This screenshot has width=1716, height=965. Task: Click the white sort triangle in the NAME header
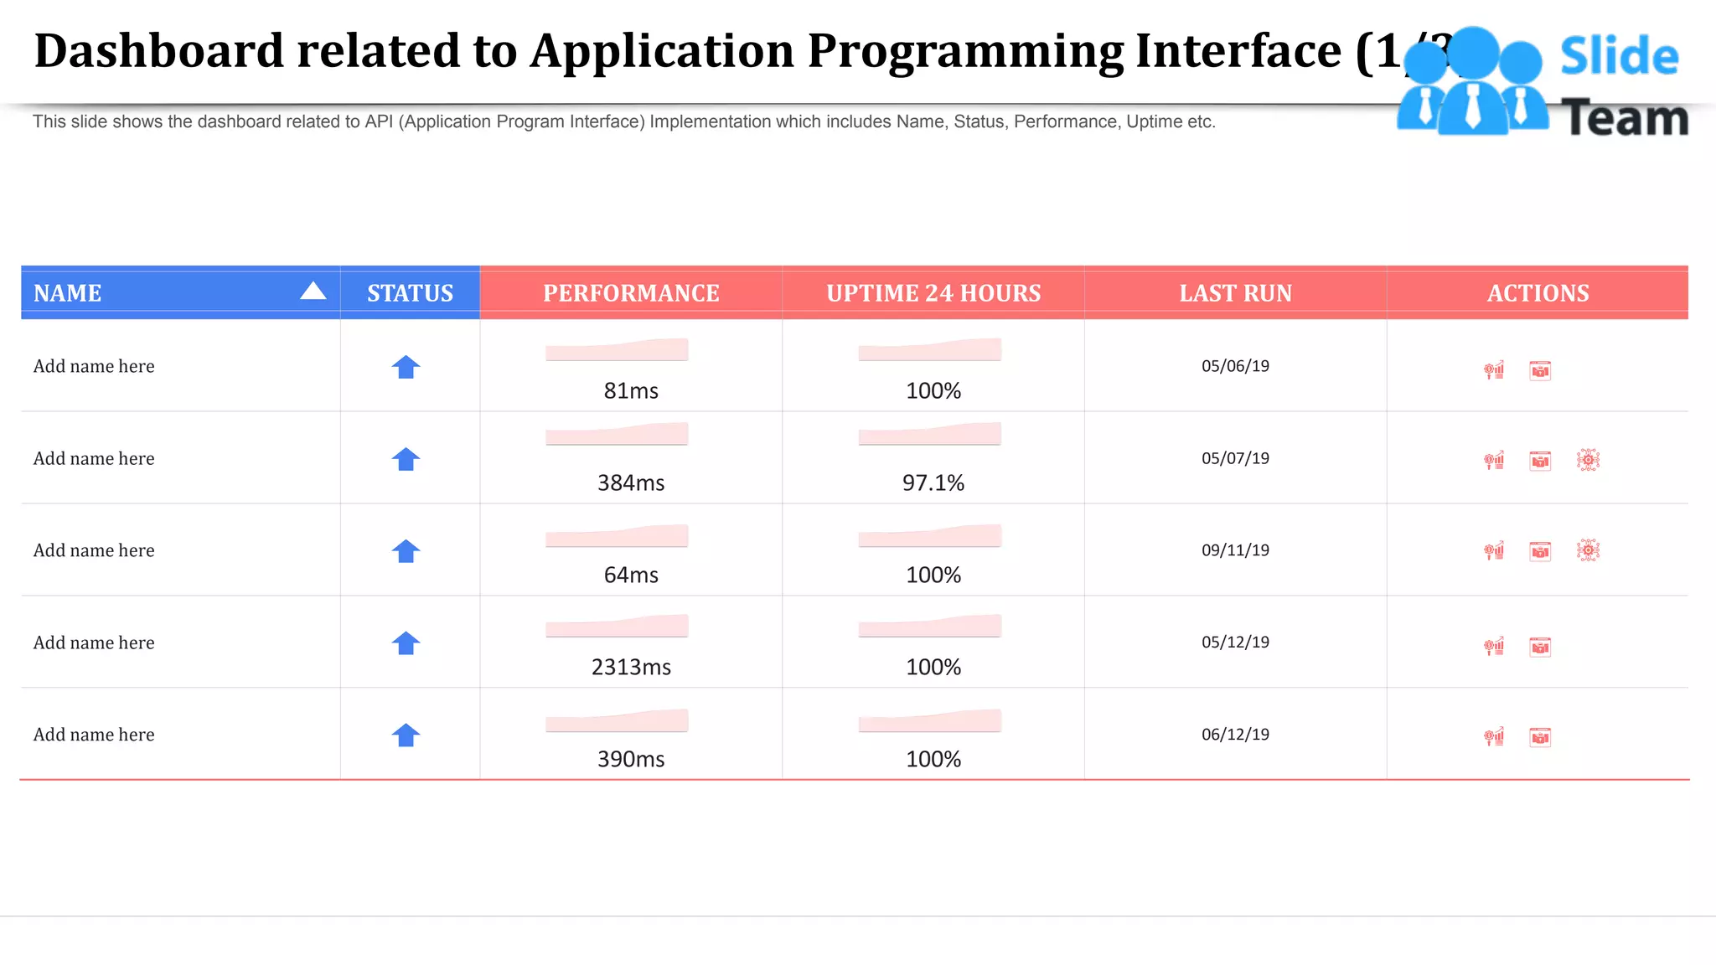313,291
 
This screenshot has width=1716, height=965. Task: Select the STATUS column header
410,293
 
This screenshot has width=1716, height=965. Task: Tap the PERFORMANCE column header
631,293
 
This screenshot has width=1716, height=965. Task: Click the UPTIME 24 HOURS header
933,293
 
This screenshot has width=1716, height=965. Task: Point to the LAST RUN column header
1235,293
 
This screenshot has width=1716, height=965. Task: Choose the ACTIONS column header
1538,293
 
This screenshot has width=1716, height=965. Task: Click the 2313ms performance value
631,667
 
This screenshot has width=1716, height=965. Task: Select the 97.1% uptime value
933,482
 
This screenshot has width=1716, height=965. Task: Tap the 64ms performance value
631,575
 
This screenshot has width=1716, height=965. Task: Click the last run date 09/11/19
1235,550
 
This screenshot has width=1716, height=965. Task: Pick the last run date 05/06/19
1235,366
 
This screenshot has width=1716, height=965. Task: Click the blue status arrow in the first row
406,367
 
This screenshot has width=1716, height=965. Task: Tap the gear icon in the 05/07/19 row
1588,460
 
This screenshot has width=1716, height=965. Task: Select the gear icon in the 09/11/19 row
1588,550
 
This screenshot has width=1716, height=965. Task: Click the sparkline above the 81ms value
617,350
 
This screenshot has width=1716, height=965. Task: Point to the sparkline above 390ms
617,721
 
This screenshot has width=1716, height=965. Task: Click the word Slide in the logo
1619,56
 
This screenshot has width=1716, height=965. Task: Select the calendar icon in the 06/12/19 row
1540,737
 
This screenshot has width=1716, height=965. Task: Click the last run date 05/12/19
1235,642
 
